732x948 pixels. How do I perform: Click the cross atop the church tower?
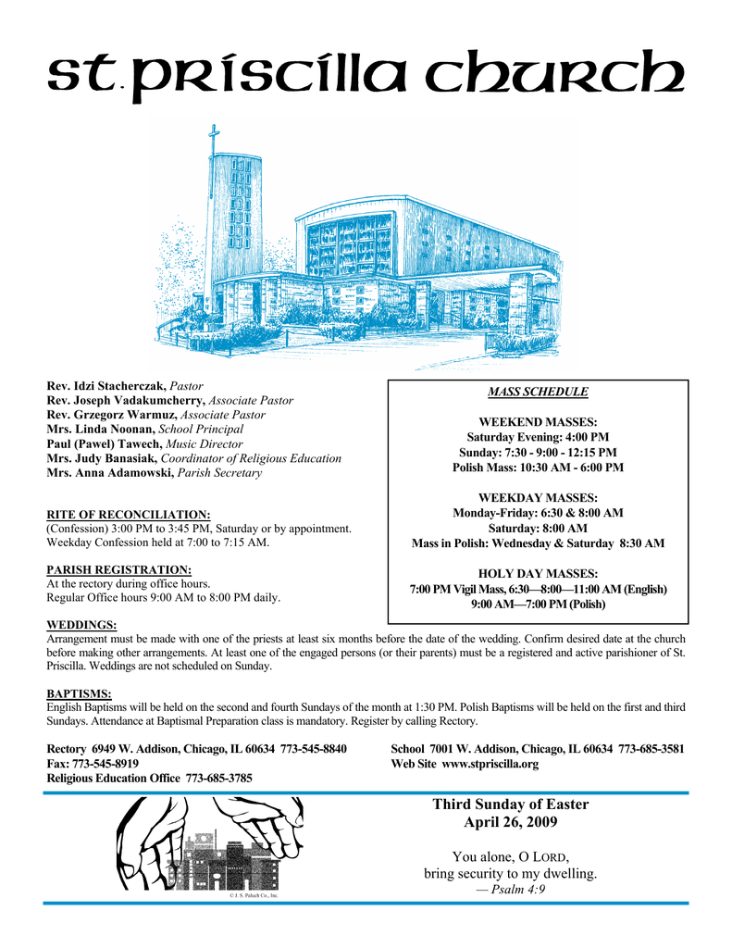[214, 139]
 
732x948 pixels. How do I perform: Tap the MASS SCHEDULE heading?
[538, 392]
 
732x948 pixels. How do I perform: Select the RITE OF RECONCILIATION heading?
[129, 514]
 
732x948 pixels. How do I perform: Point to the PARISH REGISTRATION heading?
[118, 568]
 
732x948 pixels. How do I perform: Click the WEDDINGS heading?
[81, 625]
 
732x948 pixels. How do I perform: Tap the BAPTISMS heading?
[79, 692]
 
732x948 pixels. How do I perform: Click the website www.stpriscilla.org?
[490, 765]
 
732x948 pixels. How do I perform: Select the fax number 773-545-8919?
[106, 765]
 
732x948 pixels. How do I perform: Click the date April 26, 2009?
[510, 822]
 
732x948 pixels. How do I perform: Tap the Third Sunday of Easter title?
[510, 804]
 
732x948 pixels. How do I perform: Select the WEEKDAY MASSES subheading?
[538, 498]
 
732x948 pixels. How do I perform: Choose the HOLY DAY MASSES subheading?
[538, 573]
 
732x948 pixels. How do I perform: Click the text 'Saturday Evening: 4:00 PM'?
[538, 437]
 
